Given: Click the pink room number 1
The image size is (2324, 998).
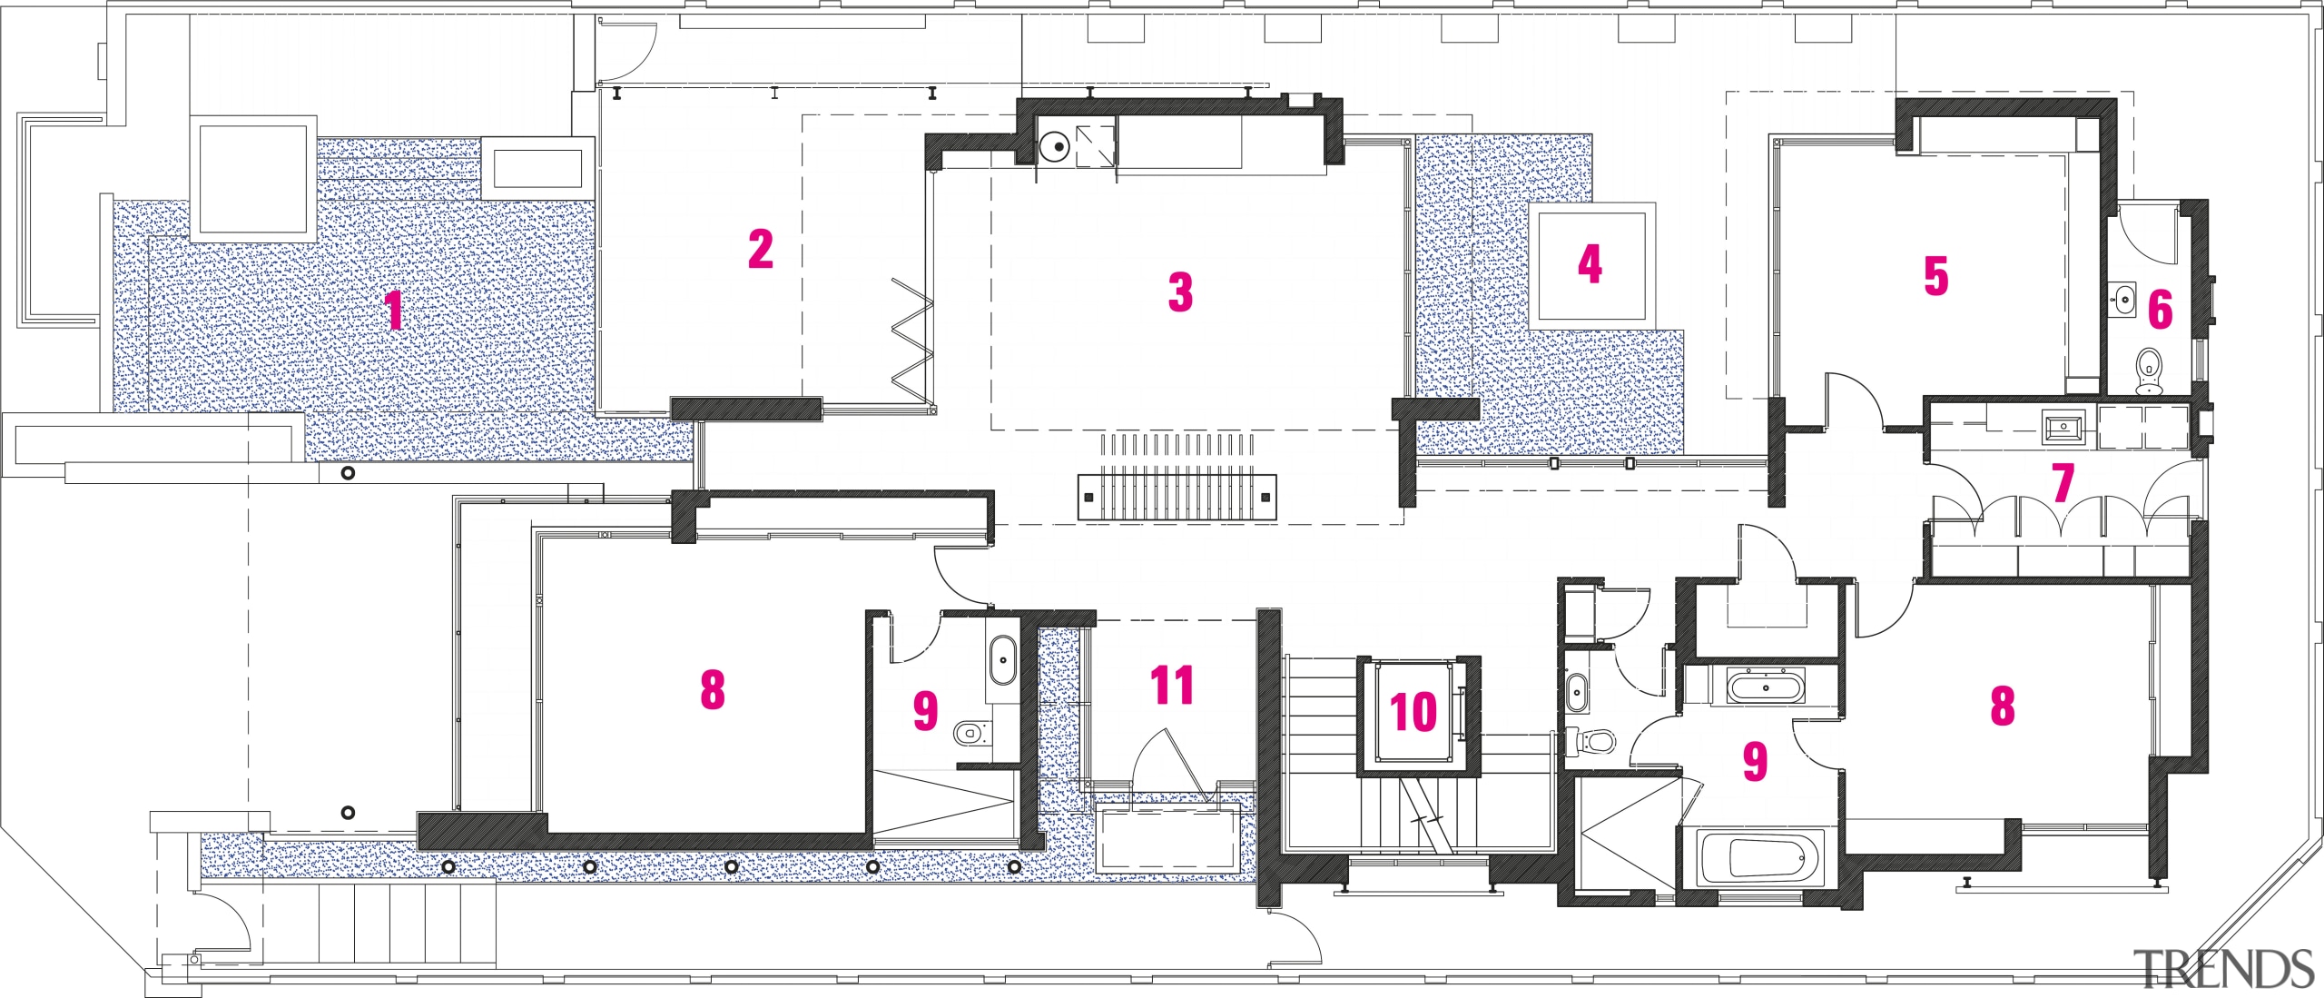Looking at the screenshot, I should click(393, 311).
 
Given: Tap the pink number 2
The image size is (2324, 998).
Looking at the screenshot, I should click(761, 250).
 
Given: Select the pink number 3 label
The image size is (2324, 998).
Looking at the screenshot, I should click(1179, 292).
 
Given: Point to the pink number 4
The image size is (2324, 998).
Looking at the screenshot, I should click(1589, 264).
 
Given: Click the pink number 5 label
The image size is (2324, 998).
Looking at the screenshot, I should click(1935, 276).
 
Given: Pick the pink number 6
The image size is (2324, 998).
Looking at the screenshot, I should click(2160, 310).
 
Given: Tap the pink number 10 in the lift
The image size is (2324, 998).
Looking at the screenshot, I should click(1413, 711).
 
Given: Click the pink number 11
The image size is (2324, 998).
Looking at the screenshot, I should click(1171, 685).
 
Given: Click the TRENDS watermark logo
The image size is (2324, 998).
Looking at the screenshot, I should click(2222, 969).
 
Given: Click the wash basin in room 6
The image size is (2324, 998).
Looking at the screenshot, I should click(2126, 299).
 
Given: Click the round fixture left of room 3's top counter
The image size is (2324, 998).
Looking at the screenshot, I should click(1055, 146).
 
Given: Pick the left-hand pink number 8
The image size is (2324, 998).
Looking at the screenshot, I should click(713, 690).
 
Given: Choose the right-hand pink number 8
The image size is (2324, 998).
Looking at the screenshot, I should click(2002, 706).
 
